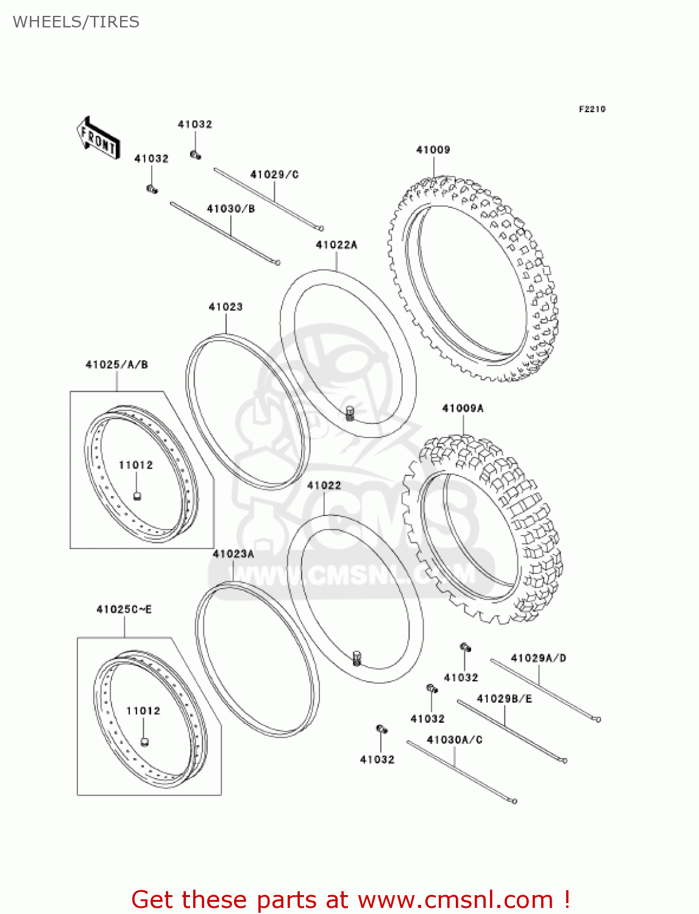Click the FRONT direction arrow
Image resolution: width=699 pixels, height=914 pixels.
click(x=98, y=138)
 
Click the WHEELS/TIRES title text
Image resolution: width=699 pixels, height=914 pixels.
click(x=76, y=22)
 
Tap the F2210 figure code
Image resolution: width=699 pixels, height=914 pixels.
click(x=592, y=109)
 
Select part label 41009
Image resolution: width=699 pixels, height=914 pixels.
click(x=433, y=150)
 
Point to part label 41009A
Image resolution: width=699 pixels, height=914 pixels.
click(x=463, y=408)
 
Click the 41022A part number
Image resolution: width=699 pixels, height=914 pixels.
click(x=336, y=245)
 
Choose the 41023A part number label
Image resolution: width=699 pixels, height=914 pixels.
click(x=233, y=554)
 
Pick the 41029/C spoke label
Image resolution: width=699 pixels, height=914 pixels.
click(x=274, y=175)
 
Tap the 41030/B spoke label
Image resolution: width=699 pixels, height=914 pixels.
click(x=230, y=209)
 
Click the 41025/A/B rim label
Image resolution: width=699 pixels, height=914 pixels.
click(x=116, y=365)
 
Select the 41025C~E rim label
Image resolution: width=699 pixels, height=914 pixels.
click(x=124, y=609)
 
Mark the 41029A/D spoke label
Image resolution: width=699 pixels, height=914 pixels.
click(x=538, y=658)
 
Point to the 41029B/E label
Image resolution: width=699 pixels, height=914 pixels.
click(x=504, y=699)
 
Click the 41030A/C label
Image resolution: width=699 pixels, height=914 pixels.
click(x=455, y=740)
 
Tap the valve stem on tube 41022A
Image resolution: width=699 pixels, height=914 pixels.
click(x=350, y=413)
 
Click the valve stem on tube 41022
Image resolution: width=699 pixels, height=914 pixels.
click(x=357, y=658)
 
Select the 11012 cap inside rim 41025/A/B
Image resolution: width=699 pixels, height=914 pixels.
click(x=138, y=494)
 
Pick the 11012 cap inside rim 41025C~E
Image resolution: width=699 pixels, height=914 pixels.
click(x=145, y=741)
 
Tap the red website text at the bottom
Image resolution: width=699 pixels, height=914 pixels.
click(x=350, y=900)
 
